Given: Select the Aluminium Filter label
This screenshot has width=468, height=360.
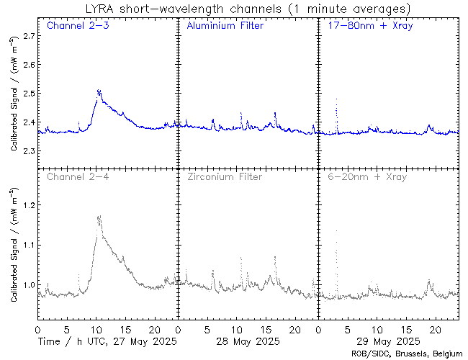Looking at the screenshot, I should pos(225,26).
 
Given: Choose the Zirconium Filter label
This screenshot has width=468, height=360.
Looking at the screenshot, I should pos(225,176).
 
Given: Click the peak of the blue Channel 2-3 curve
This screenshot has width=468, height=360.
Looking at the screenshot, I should pos(99,90).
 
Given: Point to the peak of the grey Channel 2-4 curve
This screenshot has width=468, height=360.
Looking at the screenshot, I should pos(99,215).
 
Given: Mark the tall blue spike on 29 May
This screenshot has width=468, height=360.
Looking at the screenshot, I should pos(336,99).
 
